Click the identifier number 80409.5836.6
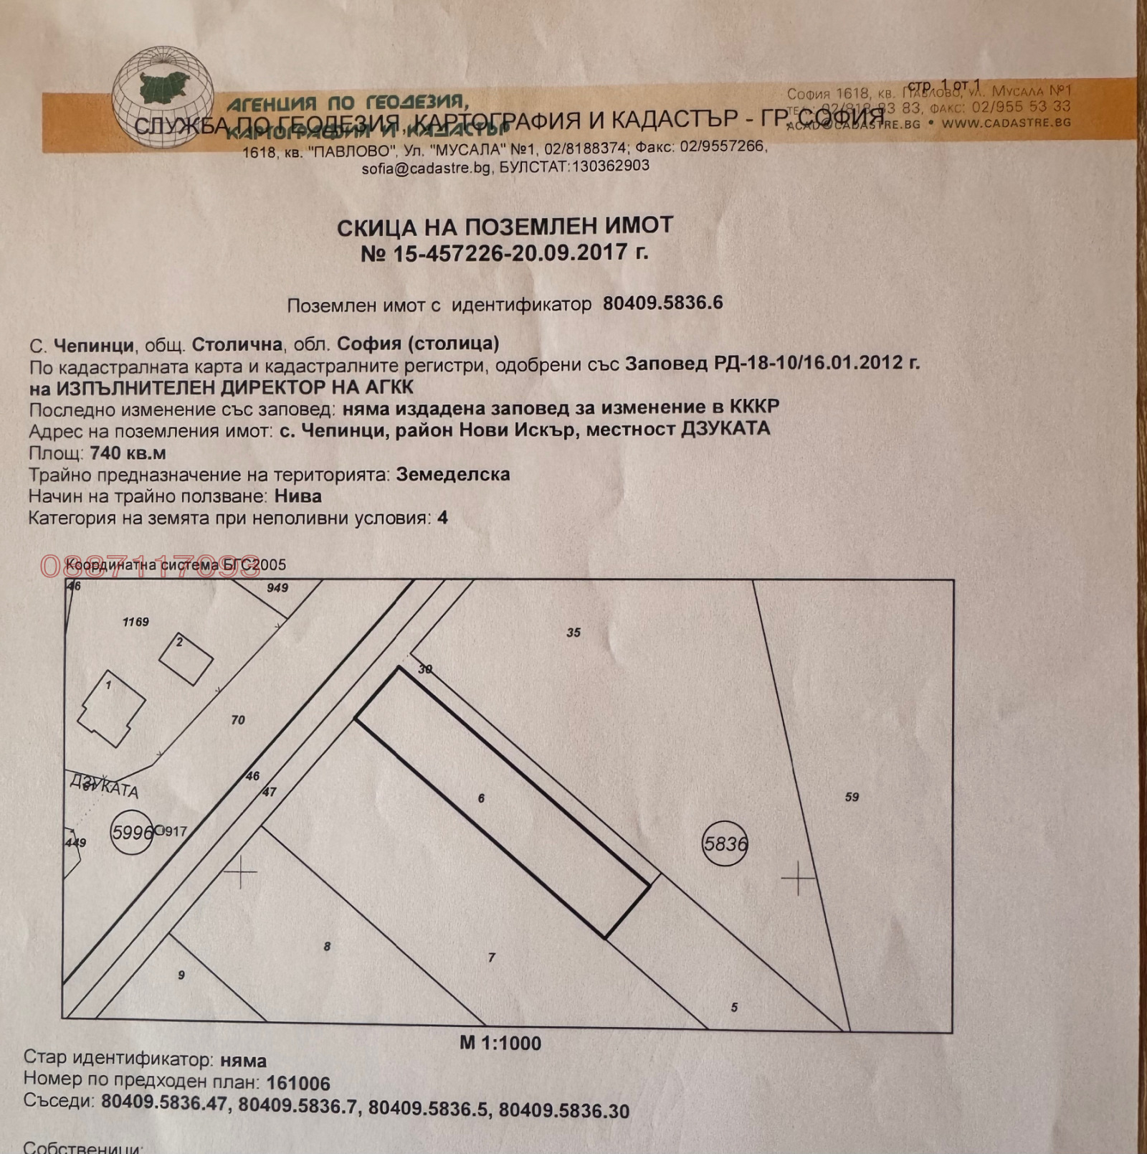coord(662,303)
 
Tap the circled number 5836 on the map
coord(725,844)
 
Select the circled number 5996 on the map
coord(132,832)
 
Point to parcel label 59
coord(852,797)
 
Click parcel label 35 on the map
coord(573,633)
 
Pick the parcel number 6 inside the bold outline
coord(481,798)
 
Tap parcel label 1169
coord(135,622)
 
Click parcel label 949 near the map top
coord(277,588)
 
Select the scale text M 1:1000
coord(500,1043)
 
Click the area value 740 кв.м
coord(128,453)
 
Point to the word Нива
coord(298,496)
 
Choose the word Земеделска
coord(453,475)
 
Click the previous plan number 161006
coord(298,1083)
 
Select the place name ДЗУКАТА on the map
coord(104,785)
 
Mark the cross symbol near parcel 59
coord(798,878)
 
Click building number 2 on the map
coord(180,642)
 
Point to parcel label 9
coord(181,975)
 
